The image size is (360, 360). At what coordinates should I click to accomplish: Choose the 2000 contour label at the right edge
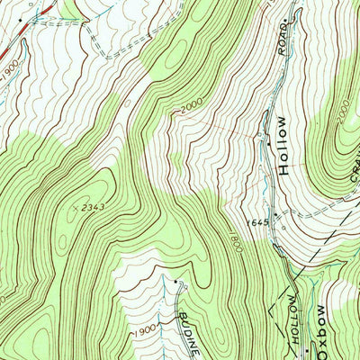(342, 117)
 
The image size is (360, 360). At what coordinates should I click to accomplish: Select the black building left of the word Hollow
(268, 142)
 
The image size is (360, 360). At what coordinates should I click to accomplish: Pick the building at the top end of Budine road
(174, 281)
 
